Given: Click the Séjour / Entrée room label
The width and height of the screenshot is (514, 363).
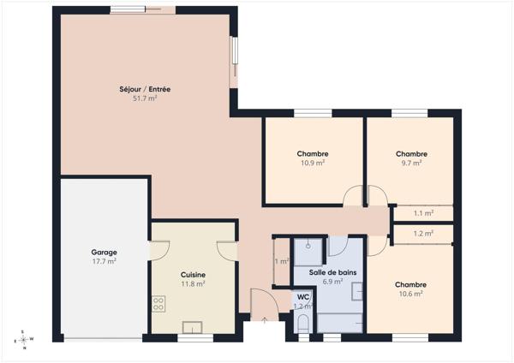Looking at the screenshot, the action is click(x=145, y=89).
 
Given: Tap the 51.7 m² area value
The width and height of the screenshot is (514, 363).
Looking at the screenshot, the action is click(x=145, y=98).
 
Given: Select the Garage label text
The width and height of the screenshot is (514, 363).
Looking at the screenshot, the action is click(x=104, y=253).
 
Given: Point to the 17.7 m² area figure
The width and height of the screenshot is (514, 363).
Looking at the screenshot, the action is click(x=104, y=261).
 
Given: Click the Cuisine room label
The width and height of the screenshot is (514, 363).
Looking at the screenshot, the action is click(x=193, y=275).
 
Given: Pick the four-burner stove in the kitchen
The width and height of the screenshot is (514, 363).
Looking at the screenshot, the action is click(x=158, y=304).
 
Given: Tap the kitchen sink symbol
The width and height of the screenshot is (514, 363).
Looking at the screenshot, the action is click(x=192, y=327).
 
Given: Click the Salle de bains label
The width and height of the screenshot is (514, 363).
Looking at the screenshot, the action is click(x=332, y=272).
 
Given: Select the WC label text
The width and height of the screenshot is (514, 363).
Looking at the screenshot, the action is click(x=303, y=297).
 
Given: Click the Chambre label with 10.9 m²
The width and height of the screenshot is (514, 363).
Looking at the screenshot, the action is click(x=313, y=153).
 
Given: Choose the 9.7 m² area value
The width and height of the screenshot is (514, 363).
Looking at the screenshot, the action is click(x=411, y=163).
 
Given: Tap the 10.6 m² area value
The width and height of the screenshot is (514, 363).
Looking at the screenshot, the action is click(x=410, y=294).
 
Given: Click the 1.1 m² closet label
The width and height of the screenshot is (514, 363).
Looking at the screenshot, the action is click(x=423, y=213).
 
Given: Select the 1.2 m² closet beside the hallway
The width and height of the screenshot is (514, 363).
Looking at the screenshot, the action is click(x=423, y=234).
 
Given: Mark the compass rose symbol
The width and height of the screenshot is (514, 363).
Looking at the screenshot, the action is click(x=23, y=340).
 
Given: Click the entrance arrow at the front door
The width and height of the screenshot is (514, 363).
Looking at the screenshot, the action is click(x=264, y=320).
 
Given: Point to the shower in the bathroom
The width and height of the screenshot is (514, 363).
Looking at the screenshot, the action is click(x=308, y=252).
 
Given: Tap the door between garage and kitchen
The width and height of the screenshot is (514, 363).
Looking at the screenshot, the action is click(x=159, y=251).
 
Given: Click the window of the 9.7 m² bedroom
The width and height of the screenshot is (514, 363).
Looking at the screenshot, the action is click(x=409, y=113).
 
